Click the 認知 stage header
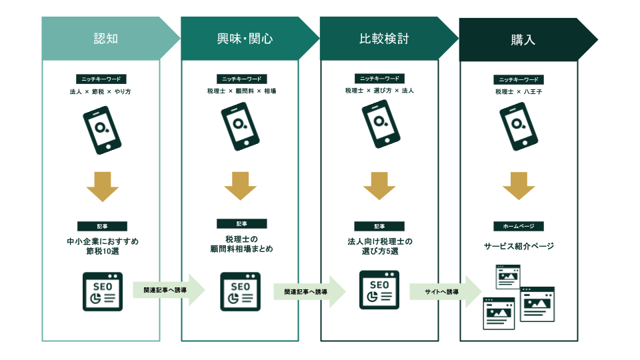106,39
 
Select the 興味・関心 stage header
245,39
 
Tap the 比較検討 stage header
383,39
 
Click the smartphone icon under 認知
102,131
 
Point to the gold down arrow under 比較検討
379,186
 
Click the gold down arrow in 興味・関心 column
241,186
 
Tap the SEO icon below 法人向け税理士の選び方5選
379,290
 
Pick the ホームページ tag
518,226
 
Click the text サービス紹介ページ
519,246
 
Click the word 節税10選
102,252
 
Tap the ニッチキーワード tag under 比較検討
379,79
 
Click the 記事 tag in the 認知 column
102,226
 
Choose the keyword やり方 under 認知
122,91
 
